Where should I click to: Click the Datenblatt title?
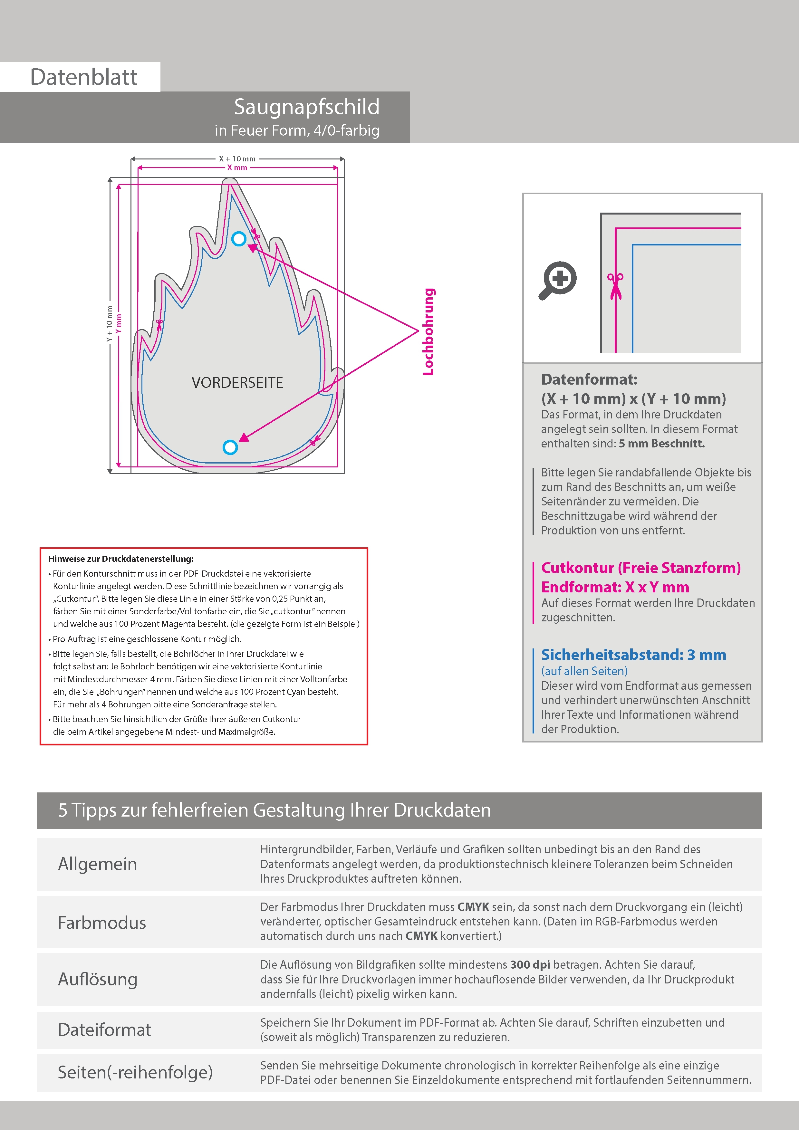[84, 77]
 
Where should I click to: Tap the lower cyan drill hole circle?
[230, 447]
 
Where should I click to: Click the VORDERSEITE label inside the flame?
[237, 382]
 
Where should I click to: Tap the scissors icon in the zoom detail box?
[615, 285]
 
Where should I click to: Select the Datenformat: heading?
[589, 379]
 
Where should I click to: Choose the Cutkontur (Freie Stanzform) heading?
[640, 568]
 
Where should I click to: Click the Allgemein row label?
[98, 864]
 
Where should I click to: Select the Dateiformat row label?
[104, 1029]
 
